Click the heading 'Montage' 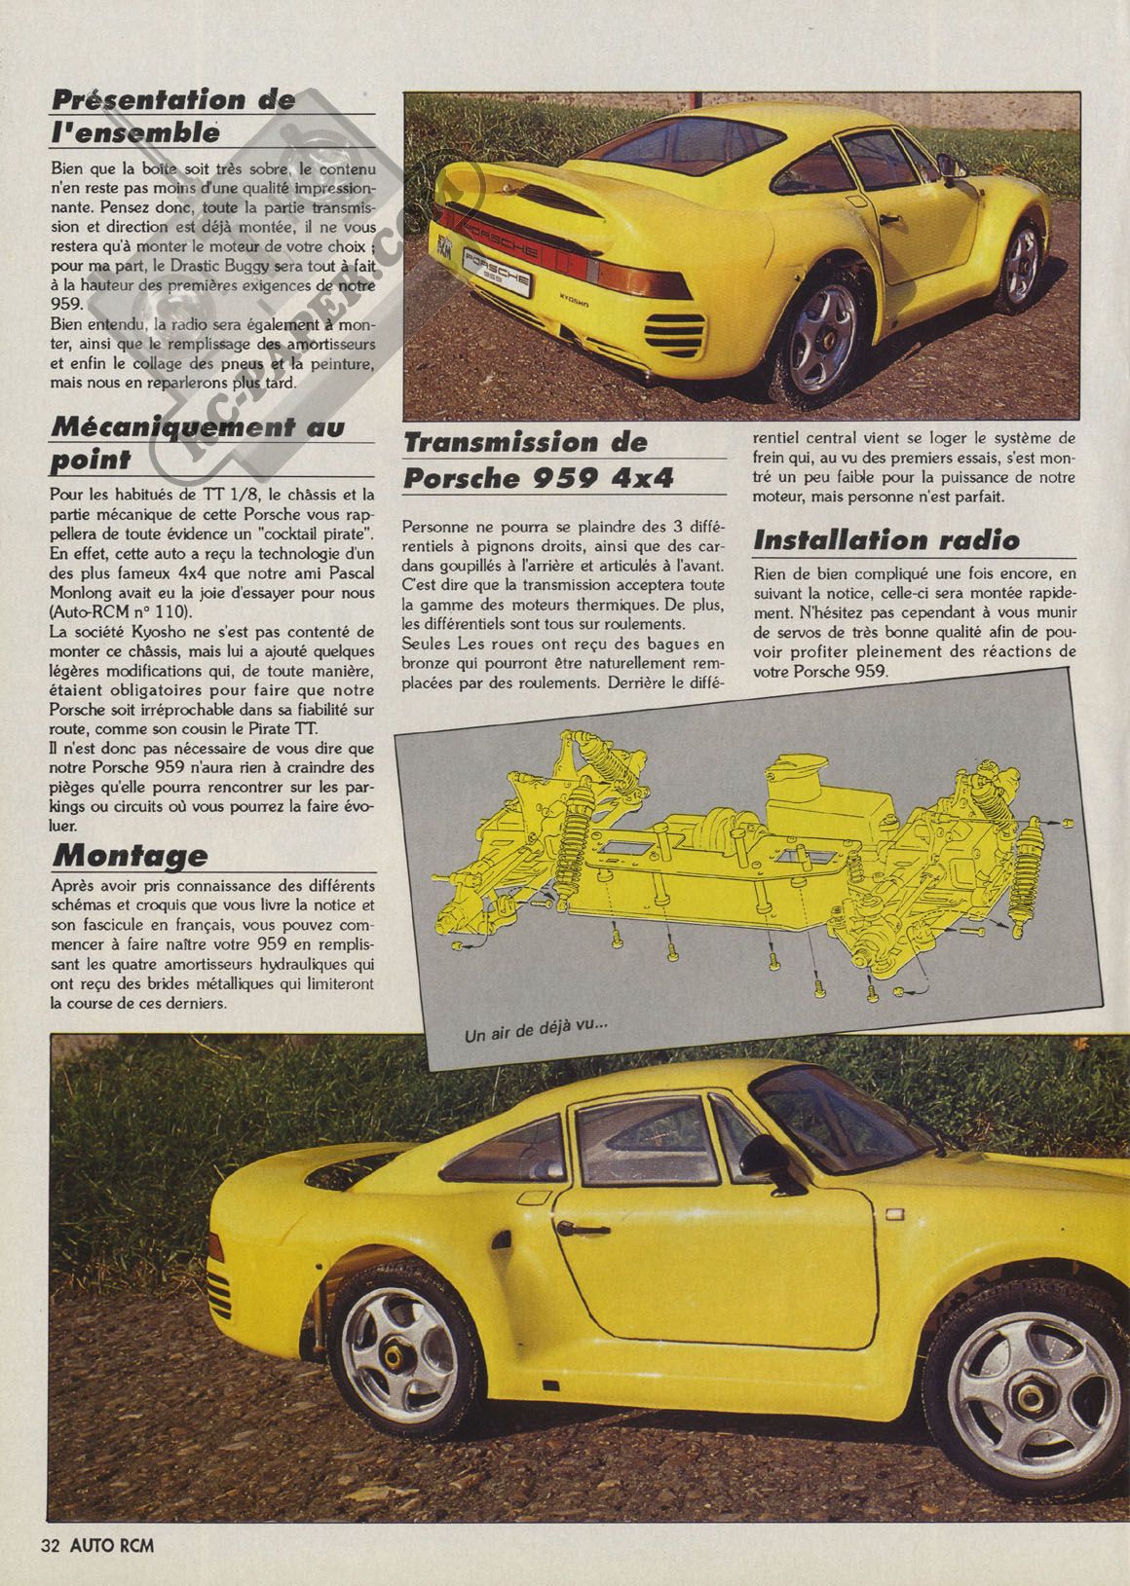pyautogui.click(x=130, y=855)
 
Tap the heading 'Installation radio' pyautogui.click(x=887, y=539)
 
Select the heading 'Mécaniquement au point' pyautogui.click(x=197, y=442)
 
